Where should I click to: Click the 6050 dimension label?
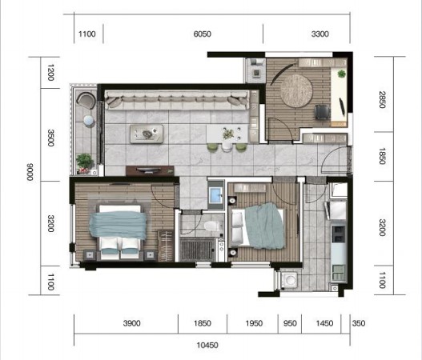coord(202,34)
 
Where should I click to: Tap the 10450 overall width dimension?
coord(207,346)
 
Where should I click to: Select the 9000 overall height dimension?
coord(30,172)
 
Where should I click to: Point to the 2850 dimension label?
coord(382,100)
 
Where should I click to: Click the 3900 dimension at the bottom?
coord(131,323)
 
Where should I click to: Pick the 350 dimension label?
coord(359,323)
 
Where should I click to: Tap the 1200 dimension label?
coord(50,73)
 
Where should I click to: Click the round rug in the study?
coord(296,90)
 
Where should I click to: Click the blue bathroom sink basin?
coord(215,195)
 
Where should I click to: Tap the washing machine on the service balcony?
coord(289,280)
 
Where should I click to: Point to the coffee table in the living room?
coord(147,134)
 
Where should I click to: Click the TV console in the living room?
coord(150,170)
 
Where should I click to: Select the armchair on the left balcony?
coord(86,100)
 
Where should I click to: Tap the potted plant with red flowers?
coord(84,163)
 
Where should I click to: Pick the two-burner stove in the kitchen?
coord(339,234)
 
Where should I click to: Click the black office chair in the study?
coord(323,111)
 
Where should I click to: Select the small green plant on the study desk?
coord(341,74)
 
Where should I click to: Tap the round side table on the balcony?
coord(89,121)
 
